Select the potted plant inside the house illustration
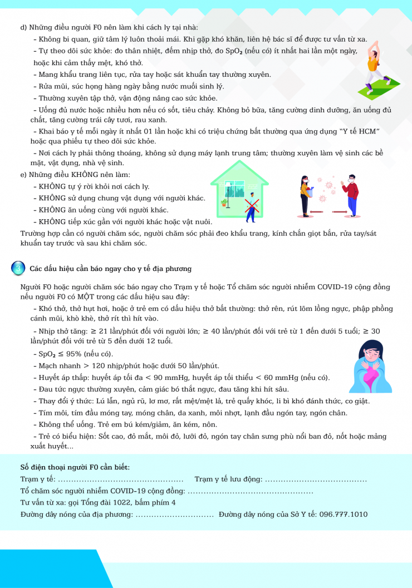tap(224, 202)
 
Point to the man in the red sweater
tap(350, 195)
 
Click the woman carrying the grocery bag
tap(305, 195)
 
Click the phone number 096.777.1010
tap(344, 514)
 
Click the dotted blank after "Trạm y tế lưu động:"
tap(315, 479)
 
